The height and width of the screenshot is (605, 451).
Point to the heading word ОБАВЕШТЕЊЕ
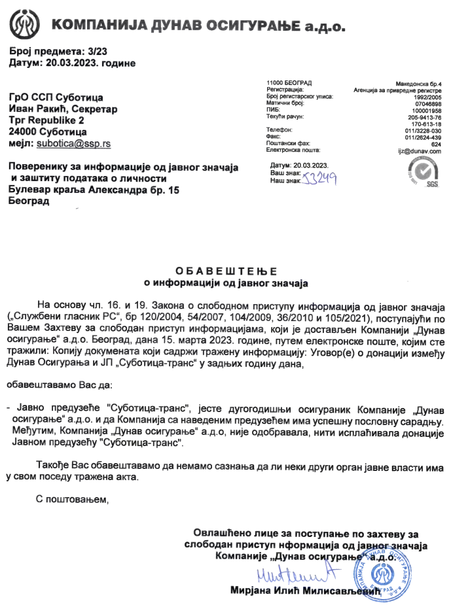tap(226, 271)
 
